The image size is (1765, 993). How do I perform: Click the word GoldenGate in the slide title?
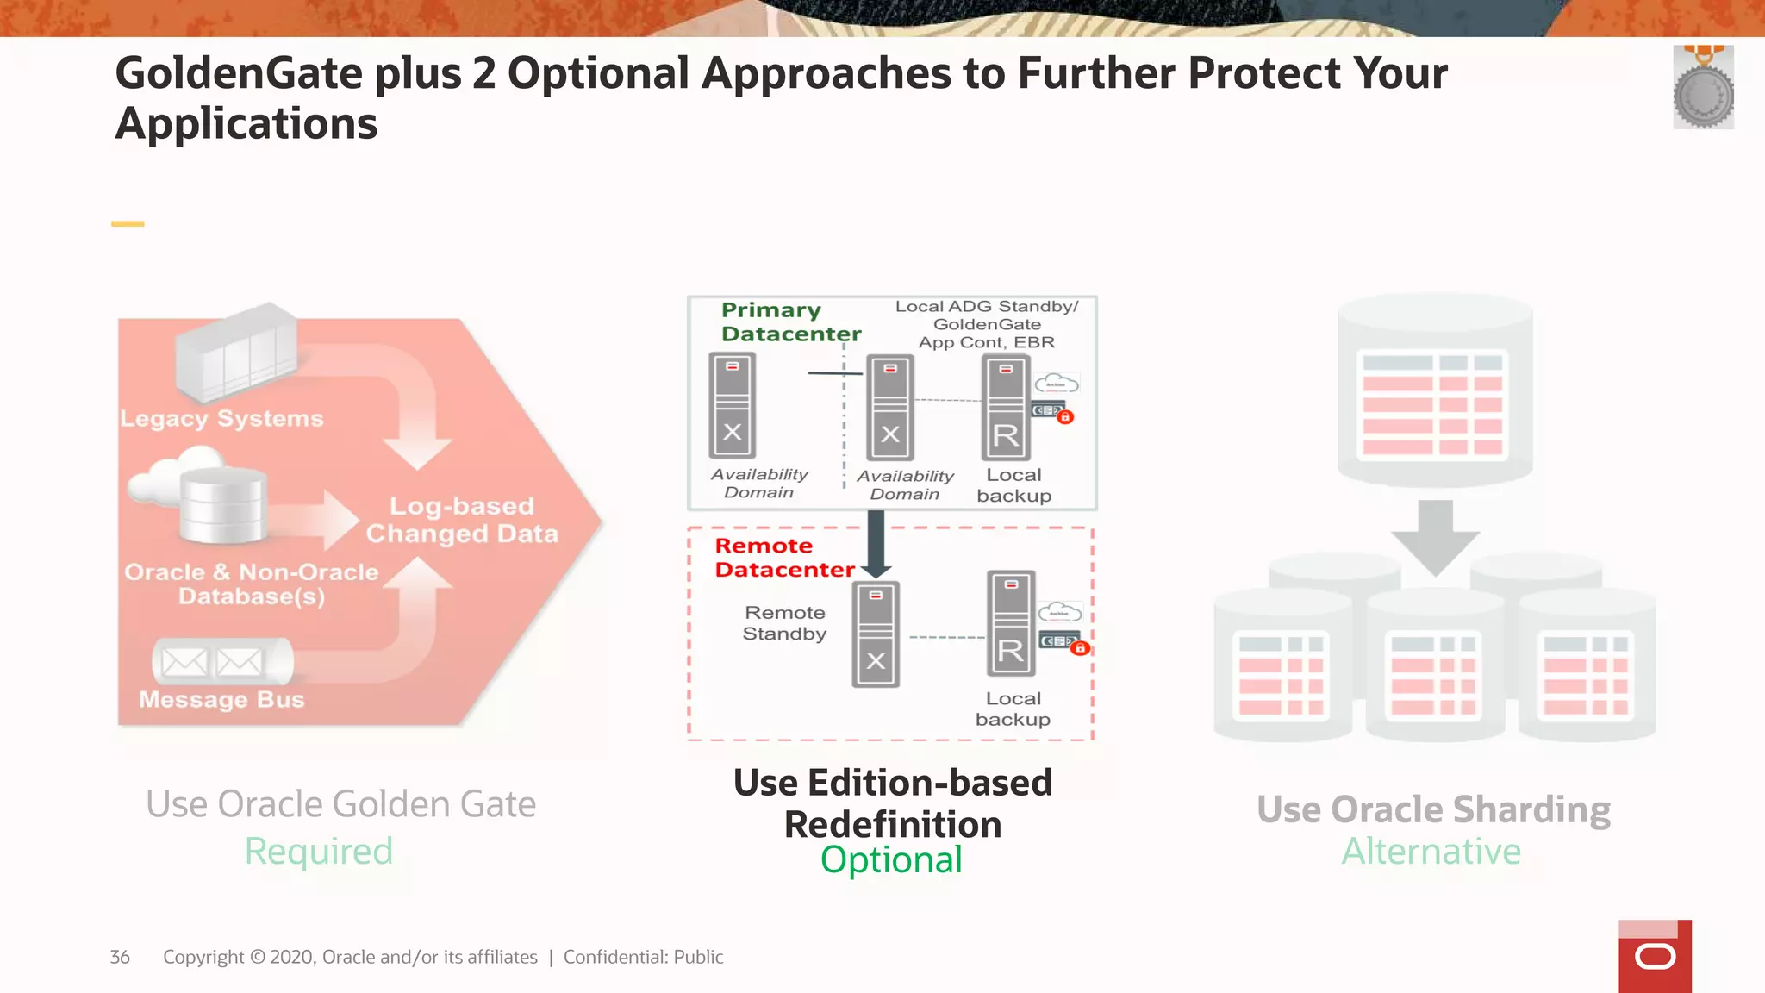239,73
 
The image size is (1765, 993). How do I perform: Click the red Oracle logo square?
1655,957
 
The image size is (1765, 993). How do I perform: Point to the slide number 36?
120,957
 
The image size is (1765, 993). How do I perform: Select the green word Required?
319,852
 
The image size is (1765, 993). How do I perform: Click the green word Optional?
891,860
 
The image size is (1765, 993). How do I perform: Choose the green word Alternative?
1431,852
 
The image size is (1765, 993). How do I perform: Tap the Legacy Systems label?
221,419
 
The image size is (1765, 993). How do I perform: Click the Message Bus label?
221,699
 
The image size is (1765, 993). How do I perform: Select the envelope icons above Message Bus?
212,662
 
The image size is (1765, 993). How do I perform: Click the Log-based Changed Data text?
462,520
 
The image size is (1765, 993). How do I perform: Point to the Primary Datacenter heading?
789,322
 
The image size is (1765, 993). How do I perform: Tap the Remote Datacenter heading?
783,558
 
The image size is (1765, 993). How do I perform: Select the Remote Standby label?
784,623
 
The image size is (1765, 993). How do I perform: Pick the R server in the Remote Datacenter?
1011,624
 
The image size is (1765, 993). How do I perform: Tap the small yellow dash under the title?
128,224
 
